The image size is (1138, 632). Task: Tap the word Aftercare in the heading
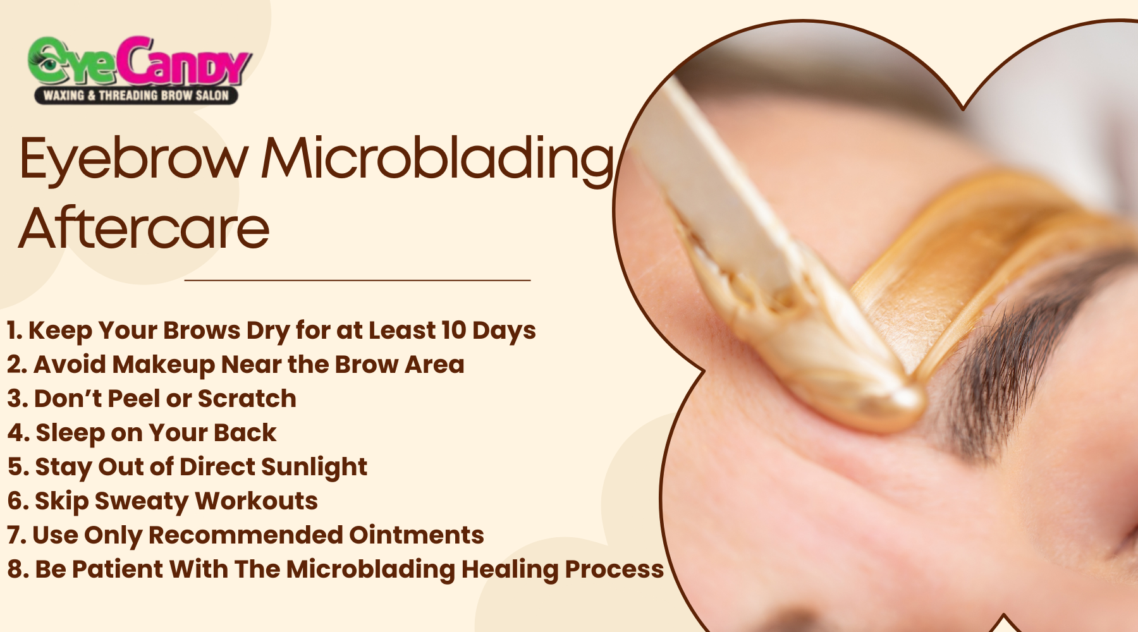[x=144, y=228]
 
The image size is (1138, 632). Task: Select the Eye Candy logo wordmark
[x=139, y=62]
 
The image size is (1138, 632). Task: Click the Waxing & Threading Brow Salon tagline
[x=136, y=95]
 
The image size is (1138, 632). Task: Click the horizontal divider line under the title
[x=357, y=279]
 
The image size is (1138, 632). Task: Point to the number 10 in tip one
[x=453, y=330]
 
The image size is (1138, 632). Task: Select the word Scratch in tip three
[x=247, y=399]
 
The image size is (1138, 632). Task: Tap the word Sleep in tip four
[x=70, y=433]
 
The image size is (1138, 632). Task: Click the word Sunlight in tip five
[x=314, y=467]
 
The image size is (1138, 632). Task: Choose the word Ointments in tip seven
[x=416, y=535]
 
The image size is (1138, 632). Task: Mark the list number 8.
[x=15, y=569]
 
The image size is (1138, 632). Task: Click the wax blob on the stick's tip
[x=885, y=401]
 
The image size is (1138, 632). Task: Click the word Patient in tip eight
[x=117, y=569]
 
